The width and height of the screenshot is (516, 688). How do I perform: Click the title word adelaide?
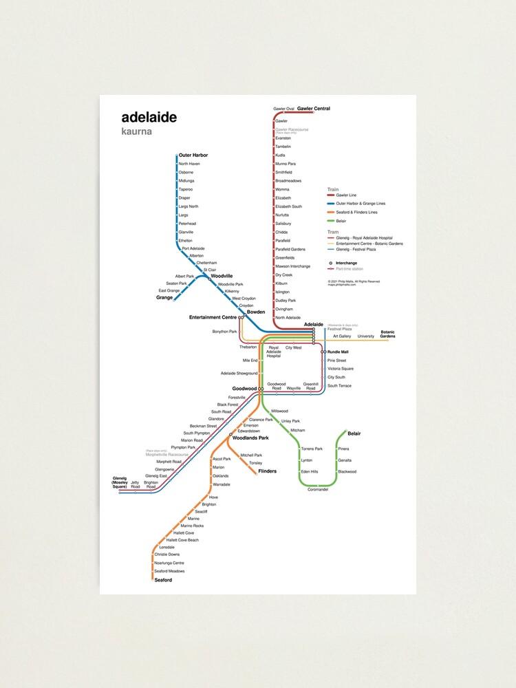[149, 118]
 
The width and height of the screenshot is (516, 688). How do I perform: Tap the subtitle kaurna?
[136, 131]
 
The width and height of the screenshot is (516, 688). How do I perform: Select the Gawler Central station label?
[314, 109]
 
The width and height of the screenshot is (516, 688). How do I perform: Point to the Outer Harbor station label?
[193, 155]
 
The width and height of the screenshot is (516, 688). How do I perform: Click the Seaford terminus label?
[163, 580]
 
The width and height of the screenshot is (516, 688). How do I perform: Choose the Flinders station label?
[268, 471]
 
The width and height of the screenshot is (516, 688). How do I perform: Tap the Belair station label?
[354, 433]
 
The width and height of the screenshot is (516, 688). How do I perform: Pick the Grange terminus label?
[164, 298]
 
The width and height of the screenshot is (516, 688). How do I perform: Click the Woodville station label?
[222, 276]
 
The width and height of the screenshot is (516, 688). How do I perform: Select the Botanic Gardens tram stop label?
[388, 334]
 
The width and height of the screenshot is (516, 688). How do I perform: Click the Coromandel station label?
[318, 489]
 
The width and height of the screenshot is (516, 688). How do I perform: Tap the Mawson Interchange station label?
[292, 266]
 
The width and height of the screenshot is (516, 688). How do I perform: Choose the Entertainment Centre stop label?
[213, 317]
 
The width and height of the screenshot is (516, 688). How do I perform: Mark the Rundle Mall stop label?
[338, 352]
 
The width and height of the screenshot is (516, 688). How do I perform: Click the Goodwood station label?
[244, 389]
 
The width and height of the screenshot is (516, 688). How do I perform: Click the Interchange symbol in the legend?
[331, 263]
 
